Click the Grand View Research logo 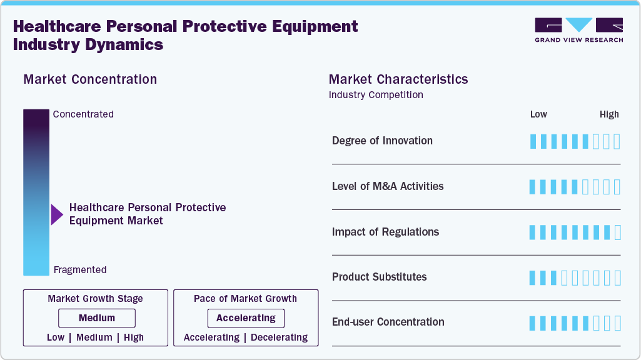tap(578, 30)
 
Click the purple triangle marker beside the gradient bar tap(57, 214)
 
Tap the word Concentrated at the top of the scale tap(83, 114)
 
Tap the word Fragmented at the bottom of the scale tap(80, 270)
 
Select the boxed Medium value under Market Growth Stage tap(96, 318)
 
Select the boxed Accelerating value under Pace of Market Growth tap(246, 318)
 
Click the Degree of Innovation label tap(382, 141)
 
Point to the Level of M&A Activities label tap(388, 186)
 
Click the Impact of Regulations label tap(385, 232)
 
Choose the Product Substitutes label tap(379, 277)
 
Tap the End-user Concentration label tap(388, 322)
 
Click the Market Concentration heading tap(90, 79)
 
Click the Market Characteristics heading tap(398, 79)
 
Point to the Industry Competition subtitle tap(376, 95)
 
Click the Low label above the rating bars tap(538, 114)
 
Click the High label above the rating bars tap(609, 114)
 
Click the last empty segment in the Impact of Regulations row tap(617, 232)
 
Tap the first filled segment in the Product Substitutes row tap(533, 278)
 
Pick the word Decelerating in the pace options tap(279, 337)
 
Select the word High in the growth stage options tap(133, 337)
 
